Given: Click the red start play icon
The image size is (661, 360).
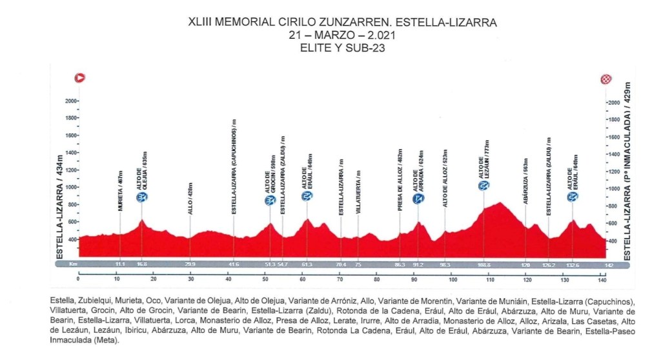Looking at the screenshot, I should pyautogui.click(x=81, y=78).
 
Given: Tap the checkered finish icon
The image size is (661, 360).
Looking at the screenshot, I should pyautogui.click(x=605, y=79).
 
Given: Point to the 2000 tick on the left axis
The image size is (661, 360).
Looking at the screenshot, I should pyautogui.click(x=70, y=101).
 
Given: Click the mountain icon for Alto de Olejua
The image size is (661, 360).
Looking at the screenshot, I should pyautogui.click(x=141, y=197).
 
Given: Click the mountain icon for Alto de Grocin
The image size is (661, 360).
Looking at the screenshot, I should pyautogui.click(x=270, y=201).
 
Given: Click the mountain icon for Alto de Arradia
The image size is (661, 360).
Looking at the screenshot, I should pyautogui.click(x=418, y=198).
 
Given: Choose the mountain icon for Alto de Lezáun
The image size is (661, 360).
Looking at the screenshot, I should pyautogui.click(x=483, y=186).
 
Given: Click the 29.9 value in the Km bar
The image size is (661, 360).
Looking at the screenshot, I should pyautogui.click(x=190, y=265).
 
